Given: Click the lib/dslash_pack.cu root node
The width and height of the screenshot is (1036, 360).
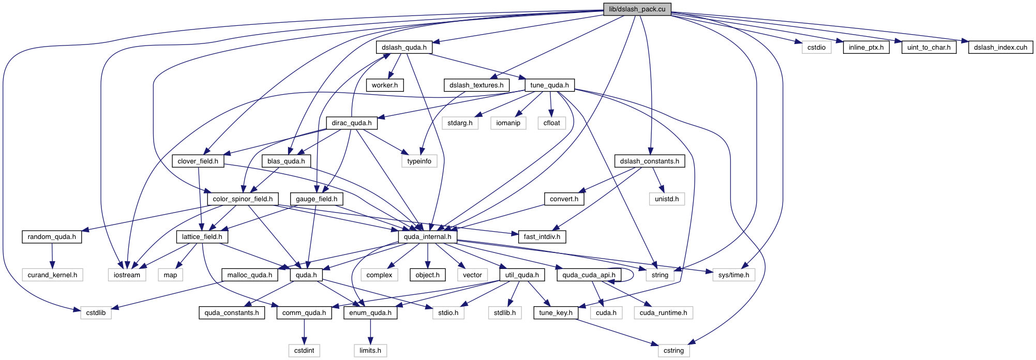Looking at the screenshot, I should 637,9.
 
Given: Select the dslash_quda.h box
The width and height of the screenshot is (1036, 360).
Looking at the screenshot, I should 404,48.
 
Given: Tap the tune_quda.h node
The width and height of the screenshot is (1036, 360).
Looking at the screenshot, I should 549,85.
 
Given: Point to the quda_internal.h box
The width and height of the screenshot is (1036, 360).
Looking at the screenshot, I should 427,237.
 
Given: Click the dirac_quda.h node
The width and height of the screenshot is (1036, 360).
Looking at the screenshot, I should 352,123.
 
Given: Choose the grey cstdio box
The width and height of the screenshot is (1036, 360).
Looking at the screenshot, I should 816,48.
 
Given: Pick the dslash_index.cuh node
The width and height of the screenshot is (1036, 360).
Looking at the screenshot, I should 1000,48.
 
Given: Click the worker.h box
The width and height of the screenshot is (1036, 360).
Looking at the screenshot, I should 385,85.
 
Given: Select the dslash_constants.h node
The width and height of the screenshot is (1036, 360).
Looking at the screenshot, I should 650,161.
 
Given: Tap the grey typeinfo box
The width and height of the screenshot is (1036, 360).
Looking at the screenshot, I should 419,161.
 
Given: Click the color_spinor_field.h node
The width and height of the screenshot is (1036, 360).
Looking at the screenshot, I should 243,199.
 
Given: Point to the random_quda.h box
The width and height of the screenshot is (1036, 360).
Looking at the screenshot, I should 52,237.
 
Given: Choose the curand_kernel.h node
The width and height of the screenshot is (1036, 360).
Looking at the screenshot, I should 52,275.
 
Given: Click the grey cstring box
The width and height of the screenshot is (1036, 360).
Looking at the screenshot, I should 673,351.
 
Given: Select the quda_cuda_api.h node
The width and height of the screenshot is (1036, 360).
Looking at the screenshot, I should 589,275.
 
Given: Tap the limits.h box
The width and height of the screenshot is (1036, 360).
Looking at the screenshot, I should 370,351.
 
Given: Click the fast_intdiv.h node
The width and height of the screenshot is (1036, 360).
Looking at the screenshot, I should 542,237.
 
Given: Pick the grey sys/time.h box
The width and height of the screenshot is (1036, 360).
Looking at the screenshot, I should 733,275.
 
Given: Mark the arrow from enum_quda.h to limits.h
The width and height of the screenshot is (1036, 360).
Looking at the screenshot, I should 370,332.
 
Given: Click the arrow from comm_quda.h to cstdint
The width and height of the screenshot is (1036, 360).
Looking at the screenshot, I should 304,332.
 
